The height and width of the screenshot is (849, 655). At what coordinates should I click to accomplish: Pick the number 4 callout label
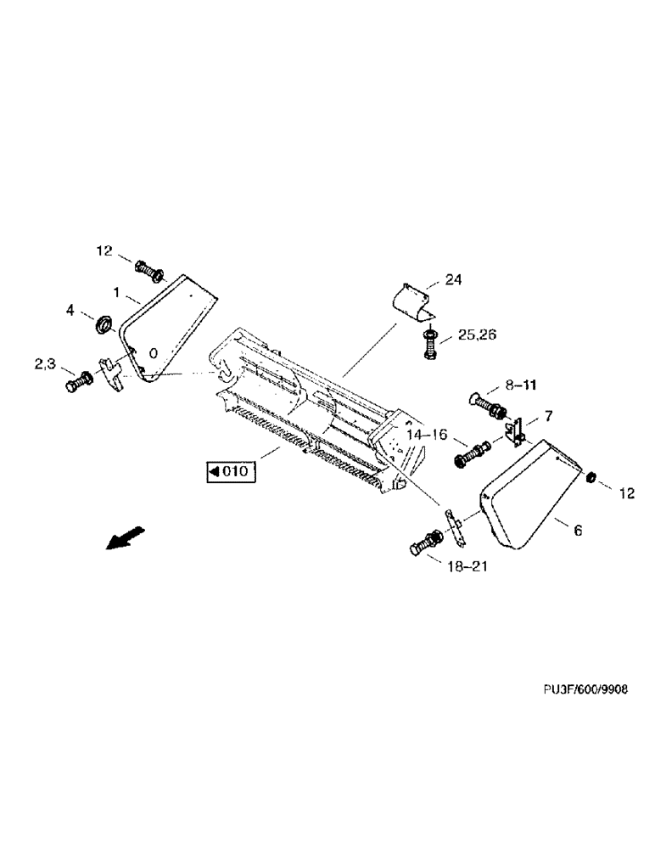pyautogui.click(x=71, y=312)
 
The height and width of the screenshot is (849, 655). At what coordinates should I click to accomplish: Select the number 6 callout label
pyautogui.click(x=577, y=531)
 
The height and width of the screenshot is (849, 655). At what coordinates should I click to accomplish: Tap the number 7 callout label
pyautogui.click(x=548, y=415)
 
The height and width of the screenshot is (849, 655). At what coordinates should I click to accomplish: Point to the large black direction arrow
pyautogui.click(x=125, y=537)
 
